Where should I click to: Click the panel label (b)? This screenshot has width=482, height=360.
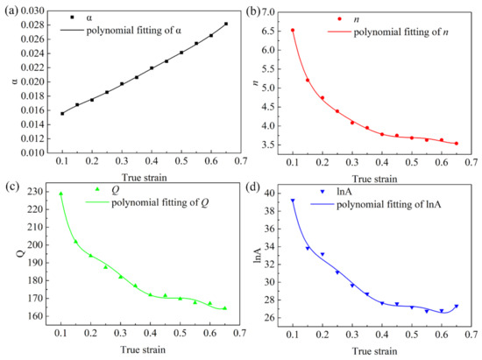tap(252, 8)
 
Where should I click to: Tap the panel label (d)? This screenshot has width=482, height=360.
tap(252, 187)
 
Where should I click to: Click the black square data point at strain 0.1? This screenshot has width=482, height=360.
tap(62, 113)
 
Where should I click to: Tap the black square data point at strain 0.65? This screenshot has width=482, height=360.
tap(225, 24)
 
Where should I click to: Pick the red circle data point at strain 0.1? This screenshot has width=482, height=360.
tap(293, 30)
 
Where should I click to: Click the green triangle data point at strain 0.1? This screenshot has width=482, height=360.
tap(61, 194)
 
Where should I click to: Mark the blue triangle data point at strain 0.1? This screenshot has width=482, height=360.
tap(293, 201)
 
